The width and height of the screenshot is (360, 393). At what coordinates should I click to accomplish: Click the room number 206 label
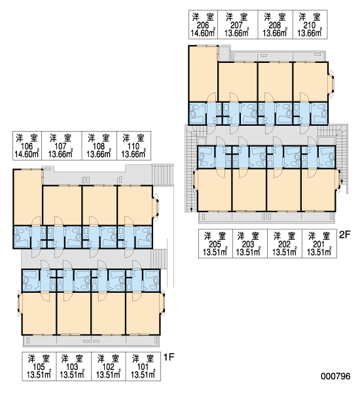tap(203, 26)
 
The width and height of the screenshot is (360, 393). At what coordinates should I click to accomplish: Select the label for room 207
tap(237, 25)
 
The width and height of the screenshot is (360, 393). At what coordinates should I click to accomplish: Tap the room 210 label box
tap(310, 25)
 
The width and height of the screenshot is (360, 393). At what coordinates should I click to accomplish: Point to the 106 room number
tap(27, 146)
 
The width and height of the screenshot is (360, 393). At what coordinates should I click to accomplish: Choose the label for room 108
tap(99, 145)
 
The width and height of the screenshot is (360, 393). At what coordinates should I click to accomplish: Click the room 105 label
tap(39, 366)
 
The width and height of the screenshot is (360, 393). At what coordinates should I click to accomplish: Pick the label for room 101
tap(143, 366)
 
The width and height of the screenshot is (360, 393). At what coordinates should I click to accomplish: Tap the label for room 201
tap(319, 244)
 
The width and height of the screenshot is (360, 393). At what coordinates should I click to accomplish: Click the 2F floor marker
tap(345, 234)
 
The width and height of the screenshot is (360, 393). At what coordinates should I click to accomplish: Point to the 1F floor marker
tap(169, 357)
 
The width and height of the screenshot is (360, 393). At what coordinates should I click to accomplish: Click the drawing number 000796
tap(336, 376)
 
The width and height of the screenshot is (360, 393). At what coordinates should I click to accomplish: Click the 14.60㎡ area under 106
tap(27, 154)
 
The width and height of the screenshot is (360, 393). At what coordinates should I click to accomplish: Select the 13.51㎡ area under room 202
tap(284, 252)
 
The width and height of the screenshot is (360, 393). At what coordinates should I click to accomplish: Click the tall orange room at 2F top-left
tap(203, 74)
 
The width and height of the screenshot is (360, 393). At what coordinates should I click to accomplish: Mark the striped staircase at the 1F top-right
tap(162, 175)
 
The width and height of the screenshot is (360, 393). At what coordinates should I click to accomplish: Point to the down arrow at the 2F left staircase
tap(191, 210)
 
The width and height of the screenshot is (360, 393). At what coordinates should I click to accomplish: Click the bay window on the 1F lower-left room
tap(20, 303)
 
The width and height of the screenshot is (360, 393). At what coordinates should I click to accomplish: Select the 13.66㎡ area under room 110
tap(134, 154)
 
